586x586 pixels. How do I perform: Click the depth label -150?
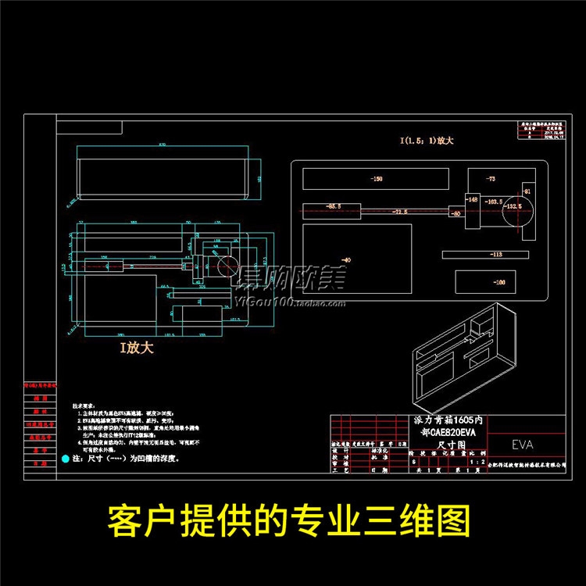377,179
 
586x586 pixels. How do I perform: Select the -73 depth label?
491,179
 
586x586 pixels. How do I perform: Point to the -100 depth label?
499,282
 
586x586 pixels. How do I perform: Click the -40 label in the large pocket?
346,259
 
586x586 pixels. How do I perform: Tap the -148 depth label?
473,200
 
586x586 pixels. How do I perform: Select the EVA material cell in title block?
523,445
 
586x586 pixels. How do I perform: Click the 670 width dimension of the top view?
163,145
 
